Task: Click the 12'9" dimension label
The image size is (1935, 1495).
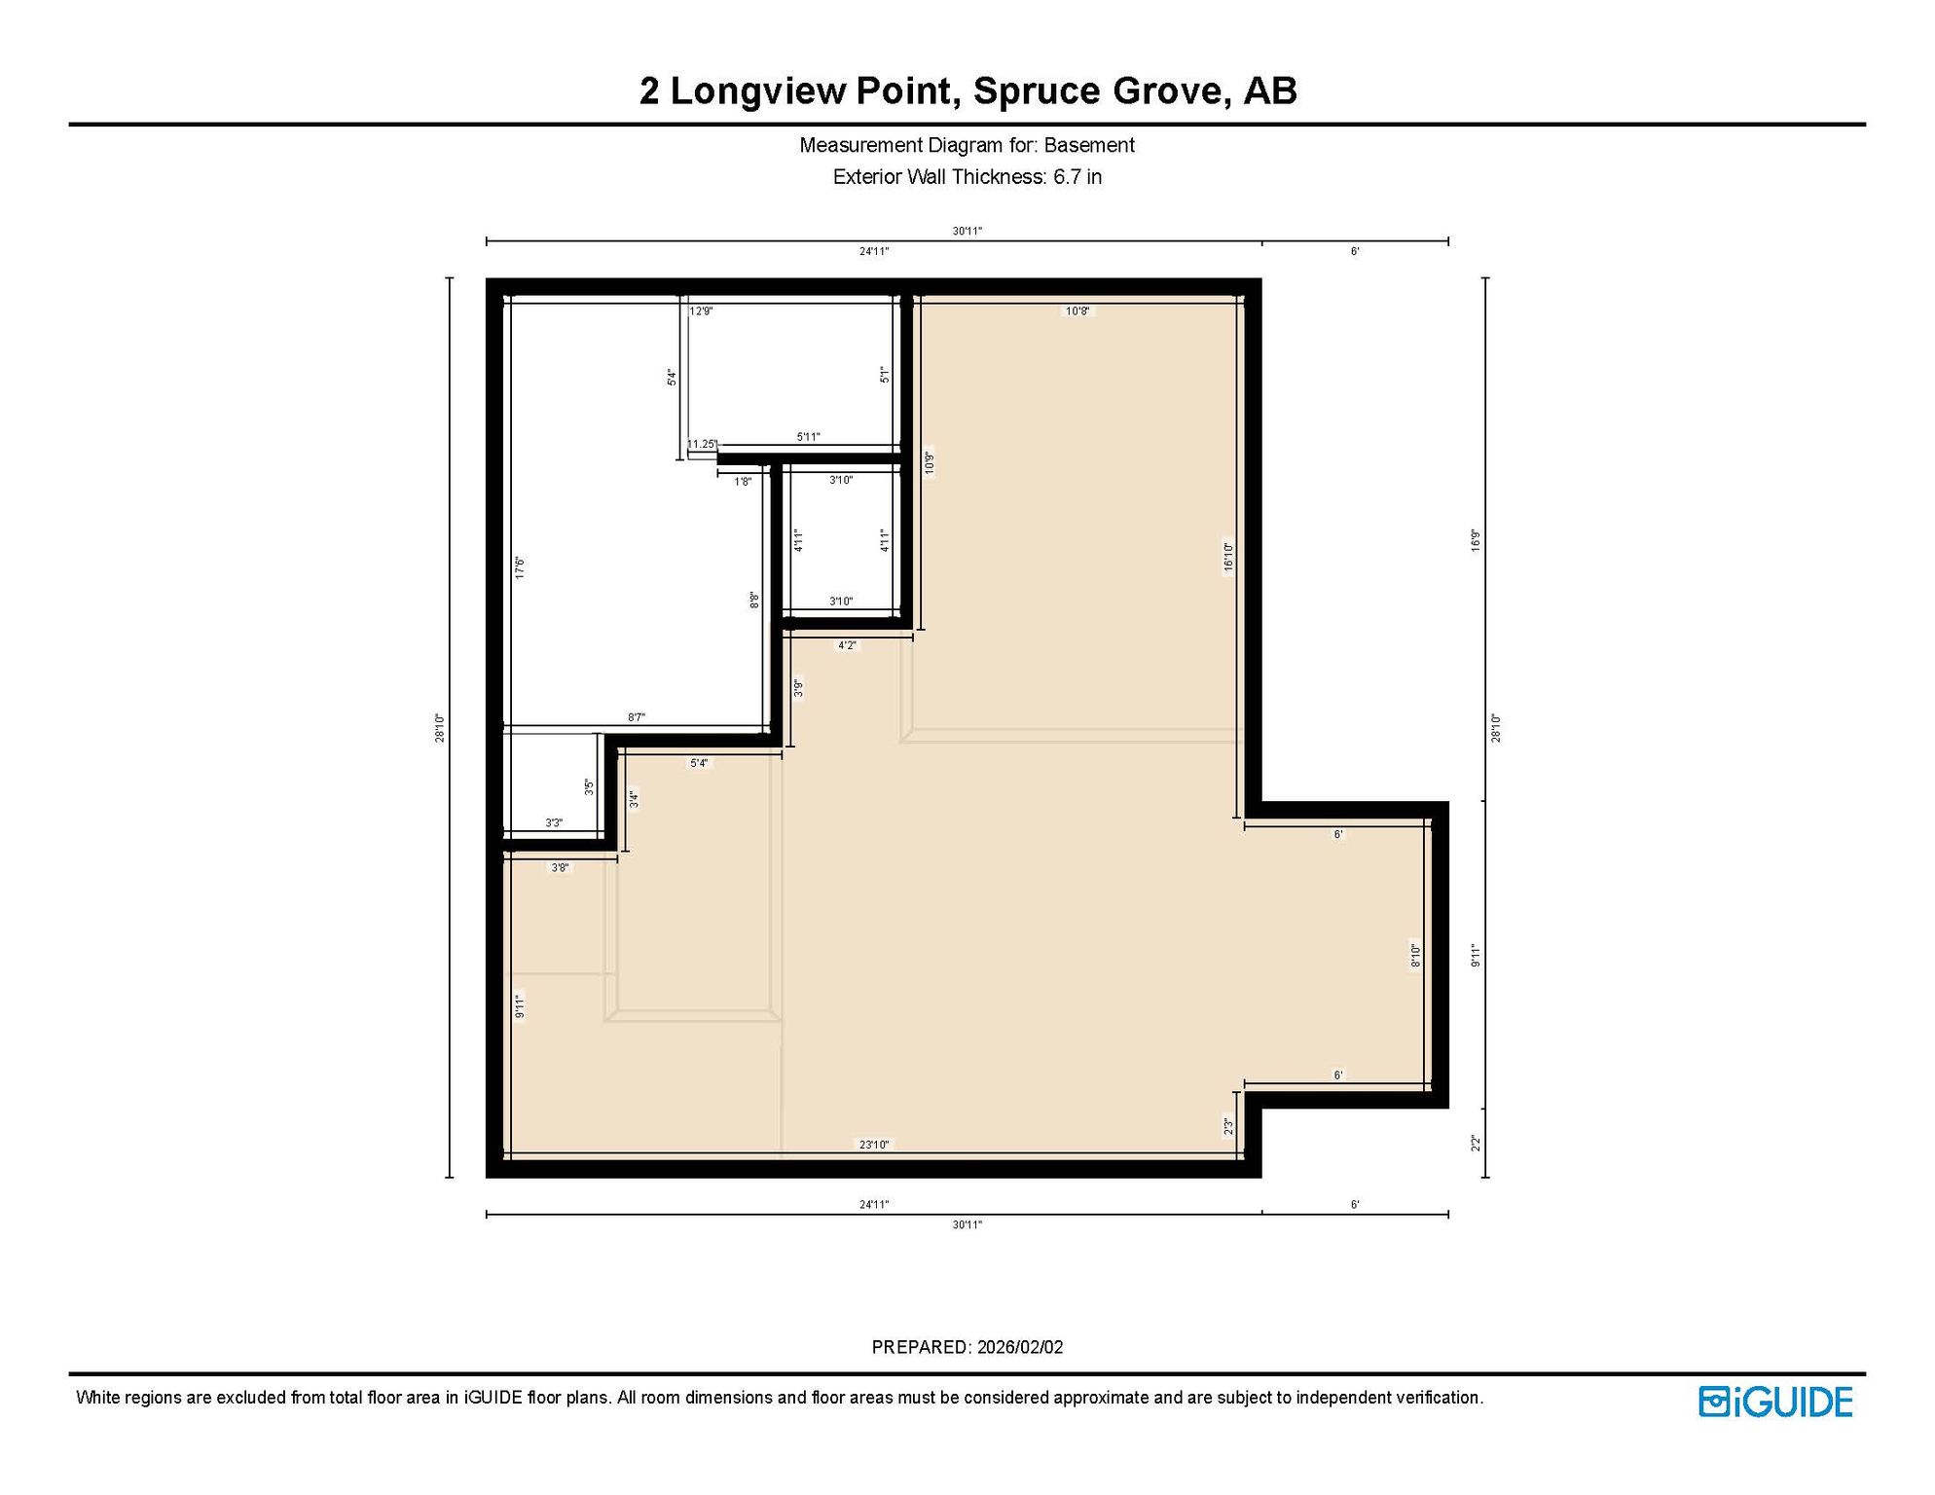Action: click(x=701, y=311)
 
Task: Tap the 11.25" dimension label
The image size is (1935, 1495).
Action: click(x=702, y=444)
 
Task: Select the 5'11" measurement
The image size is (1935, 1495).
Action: click(x=808, y=437)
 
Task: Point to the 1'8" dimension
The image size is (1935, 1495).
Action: click(x=743, y=482)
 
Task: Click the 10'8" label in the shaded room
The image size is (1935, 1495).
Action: click(x=1077, y=311)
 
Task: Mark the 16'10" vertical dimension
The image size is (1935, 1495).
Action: click(x=1228, y=560)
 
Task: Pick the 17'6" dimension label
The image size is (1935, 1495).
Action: click(x=520, y=567)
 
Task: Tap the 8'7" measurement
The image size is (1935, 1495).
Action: click(x=636, y=717)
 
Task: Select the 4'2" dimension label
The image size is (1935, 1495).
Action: click(x=848, y=645)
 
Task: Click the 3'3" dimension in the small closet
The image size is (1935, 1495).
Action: click(x=554, y=823)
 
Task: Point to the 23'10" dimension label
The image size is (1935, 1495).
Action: click(x=874, y=1145)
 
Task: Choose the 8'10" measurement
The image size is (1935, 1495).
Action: click(x=1416, y=956)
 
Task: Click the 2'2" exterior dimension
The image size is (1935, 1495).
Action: click(x=1476, y=1143)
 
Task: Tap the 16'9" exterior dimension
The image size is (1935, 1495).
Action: click(x=1476, y=540)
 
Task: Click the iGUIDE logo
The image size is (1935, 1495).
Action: click(x=1775, y=1402)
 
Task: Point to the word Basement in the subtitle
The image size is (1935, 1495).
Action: click(x=1089, y=145)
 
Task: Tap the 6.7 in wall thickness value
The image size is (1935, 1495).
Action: click(x=1077, y=177)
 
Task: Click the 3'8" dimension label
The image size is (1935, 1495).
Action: click(x=560, y=867)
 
